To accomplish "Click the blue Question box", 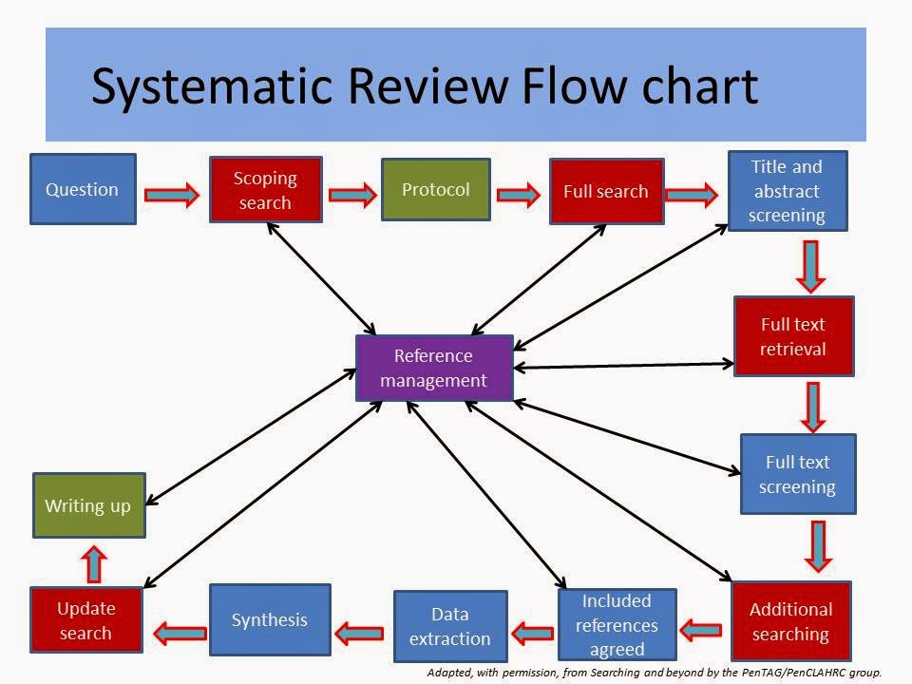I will tap(83, 189).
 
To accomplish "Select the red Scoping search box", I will tap(265, 190).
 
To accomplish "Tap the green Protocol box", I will tap(435, 190).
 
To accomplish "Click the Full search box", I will tap(605, 191).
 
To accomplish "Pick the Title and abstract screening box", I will tap(787, 191).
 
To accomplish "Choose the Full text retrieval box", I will tap(793, 336).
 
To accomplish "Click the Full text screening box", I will tap(798, 474).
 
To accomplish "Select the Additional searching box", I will tap(790, 621).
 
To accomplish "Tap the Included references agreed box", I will tap(617, 624).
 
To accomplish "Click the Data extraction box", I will tap(450, 626).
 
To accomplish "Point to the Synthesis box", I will tap(270, 619).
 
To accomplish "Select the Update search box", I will tap(85, 620).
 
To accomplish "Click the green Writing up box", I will tap(88, 505).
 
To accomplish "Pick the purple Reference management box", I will tap(434, 368).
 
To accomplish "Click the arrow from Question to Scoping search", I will tap(172, 195).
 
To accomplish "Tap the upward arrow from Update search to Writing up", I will tap(93, 563).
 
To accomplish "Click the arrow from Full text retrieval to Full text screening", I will tap(812, 406).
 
